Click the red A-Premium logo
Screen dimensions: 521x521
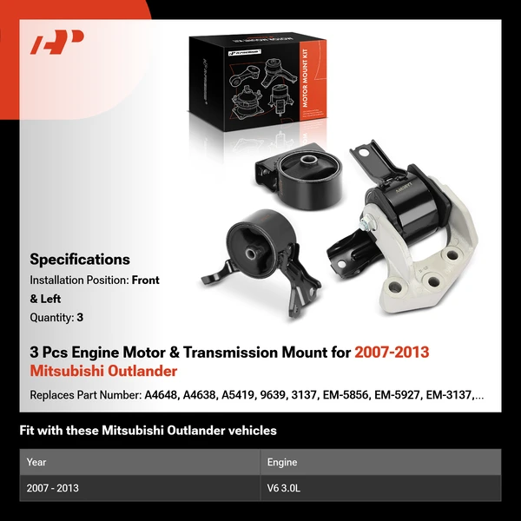coord(56,43)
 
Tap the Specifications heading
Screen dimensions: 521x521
coord(80,259)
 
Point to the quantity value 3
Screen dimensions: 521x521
coord(80,318)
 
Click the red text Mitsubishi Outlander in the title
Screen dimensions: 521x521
coord(103,371)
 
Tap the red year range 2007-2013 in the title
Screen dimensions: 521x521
coord(392,353)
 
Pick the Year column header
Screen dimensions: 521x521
coord(36,462)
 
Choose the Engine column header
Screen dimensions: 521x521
coord(282,462)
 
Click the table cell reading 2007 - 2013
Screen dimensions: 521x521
coord(53,488)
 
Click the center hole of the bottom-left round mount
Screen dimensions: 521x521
coord(250,254)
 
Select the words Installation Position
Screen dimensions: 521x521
coord(78,280)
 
